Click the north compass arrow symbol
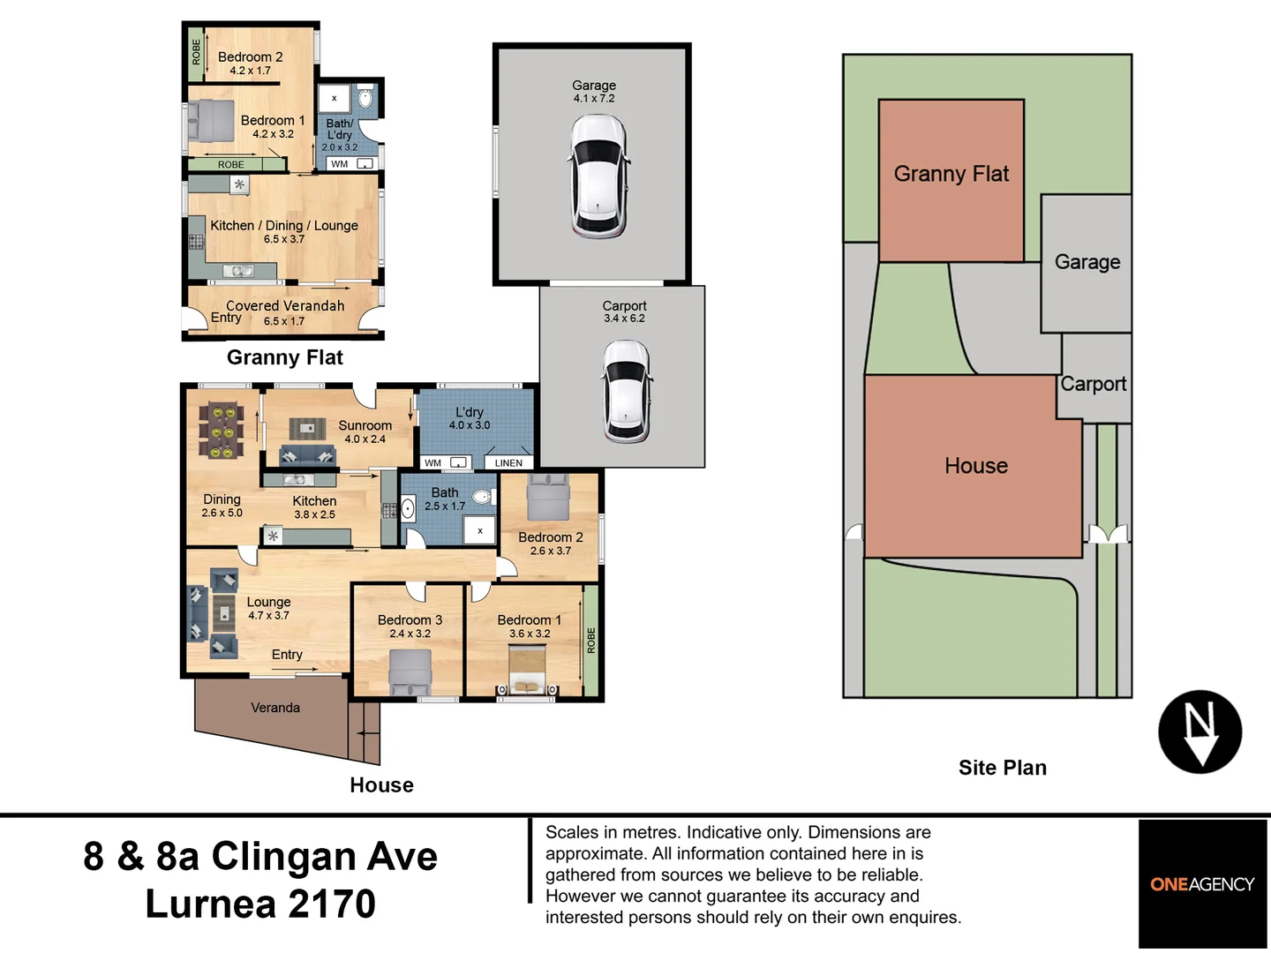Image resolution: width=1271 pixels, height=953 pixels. pos(1200,732)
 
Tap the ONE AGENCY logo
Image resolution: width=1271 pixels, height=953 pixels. pos(1201,884)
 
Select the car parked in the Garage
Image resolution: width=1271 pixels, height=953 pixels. pos(598,176)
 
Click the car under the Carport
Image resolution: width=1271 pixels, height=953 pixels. pos(627,391)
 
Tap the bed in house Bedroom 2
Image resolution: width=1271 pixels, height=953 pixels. pos(548,498)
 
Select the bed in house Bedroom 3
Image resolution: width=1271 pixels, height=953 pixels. pos(410,672)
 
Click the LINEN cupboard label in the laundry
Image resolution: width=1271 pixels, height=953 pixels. pos(508,462)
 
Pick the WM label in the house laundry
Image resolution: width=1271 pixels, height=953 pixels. pos(432,462)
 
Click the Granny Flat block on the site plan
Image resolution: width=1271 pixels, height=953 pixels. pos(951,180)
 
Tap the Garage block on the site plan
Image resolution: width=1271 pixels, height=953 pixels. pos(1087,263)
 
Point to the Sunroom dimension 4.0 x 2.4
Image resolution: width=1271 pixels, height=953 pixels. pos(365,439)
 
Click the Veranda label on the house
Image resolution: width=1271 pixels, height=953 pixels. pos(275,708)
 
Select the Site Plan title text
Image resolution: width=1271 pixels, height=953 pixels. pos(1003,768)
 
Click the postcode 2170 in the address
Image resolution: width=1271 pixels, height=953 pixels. pos(332,904)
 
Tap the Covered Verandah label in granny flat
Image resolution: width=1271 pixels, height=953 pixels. pos(285,305)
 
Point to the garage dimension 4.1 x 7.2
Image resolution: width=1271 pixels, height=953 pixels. pos(593,98)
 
